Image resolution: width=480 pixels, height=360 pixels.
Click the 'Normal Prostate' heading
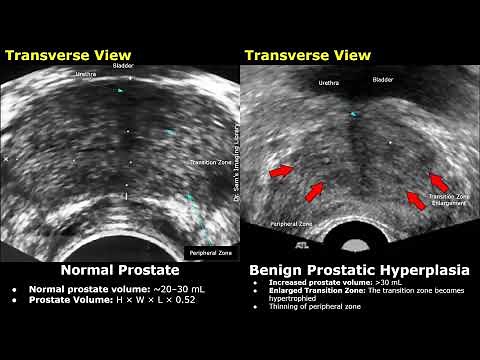pyautogui.click(x=119, y=270)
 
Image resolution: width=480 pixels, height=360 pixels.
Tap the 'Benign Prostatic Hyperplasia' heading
pyautogui.click(x=360, y=270)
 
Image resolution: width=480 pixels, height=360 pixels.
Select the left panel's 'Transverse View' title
pyautogui.click(x=60, y=55)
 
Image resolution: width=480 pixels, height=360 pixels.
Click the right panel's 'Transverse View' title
pyautogui.click(x=300, y=55)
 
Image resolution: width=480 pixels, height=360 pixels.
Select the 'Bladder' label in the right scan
pyautogui.click(x=383, y=79)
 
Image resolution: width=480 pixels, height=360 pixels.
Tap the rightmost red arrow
pyautogui.click(x=438, y=181)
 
